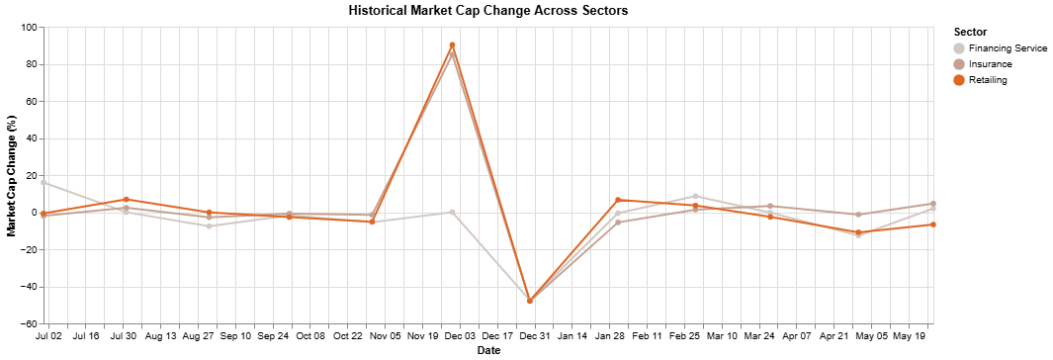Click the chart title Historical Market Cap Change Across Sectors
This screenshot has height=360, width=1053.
pos(488,10)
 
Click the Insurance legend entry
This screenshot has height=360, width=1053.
pos(990,64)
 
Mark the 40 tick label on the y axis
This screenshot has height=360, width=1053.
pos(30,138)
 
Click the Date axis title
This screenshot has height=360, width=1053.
pos(488,351)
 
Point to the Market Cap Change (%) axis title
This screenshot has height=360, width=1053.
pos(12,176)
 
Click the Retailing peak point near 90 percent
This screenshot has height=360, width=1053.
pos(452,45)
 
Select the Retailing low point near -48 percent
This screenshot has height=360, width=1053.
pos(530,301)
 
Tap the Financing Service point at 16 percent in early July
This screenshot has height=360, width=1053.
pos(44,183)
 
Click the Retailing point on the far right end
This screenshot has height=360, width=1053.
pos(932,225)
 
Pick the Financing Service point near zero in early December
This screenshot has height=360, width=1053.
pos(452,212)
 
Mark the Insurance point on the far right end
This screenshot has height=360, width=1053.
pos(932,204)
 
